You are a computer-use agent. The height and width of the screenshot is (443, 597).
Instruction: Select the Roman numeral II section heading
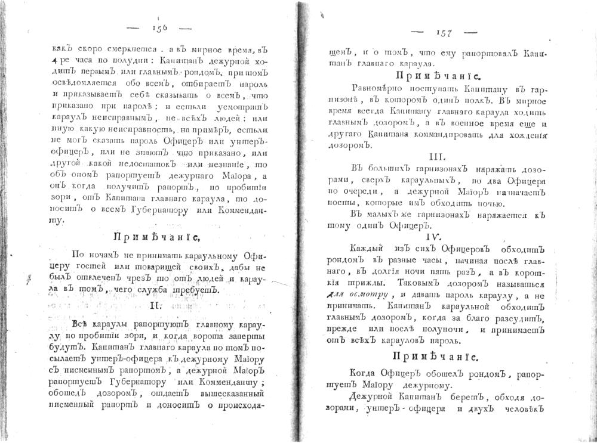(x=154, y=306)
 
